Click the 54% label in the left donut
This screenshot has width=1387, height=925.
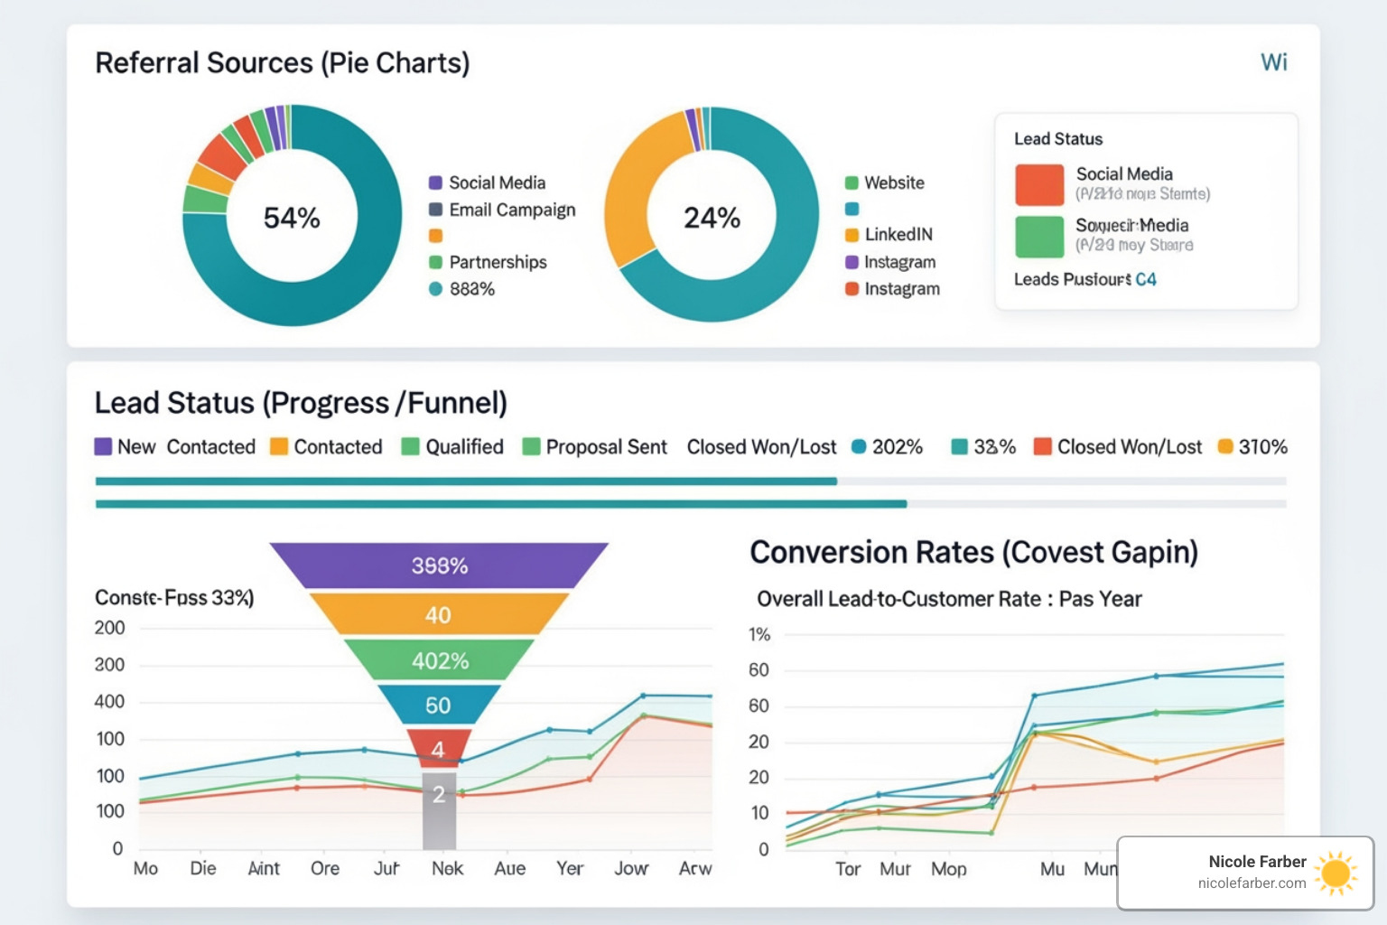292,218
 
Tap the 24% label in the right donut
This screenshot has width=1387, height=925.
712,218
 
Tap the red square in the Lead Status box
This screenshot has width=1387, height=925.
1039,185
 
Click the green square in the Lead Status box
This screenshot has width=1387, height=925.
1039,237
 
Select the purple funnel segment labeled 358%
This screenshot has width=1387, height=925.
440,565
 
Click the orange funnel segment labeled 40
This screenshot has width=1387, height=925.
439,615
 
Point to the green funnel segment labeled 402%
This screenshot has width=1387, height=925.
440,660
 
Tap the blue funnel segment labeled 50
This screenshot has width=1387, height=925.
438,705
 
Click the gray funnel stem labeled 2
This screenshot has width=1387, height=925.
439,808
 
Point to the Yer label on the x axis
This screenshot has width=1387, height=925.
570,868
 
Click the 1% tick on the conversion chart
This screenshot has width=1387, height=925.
759,634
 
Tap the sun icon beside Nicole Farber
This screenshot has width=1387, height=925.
1336,873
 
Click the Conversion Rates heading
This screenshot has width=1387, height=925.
973,552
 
